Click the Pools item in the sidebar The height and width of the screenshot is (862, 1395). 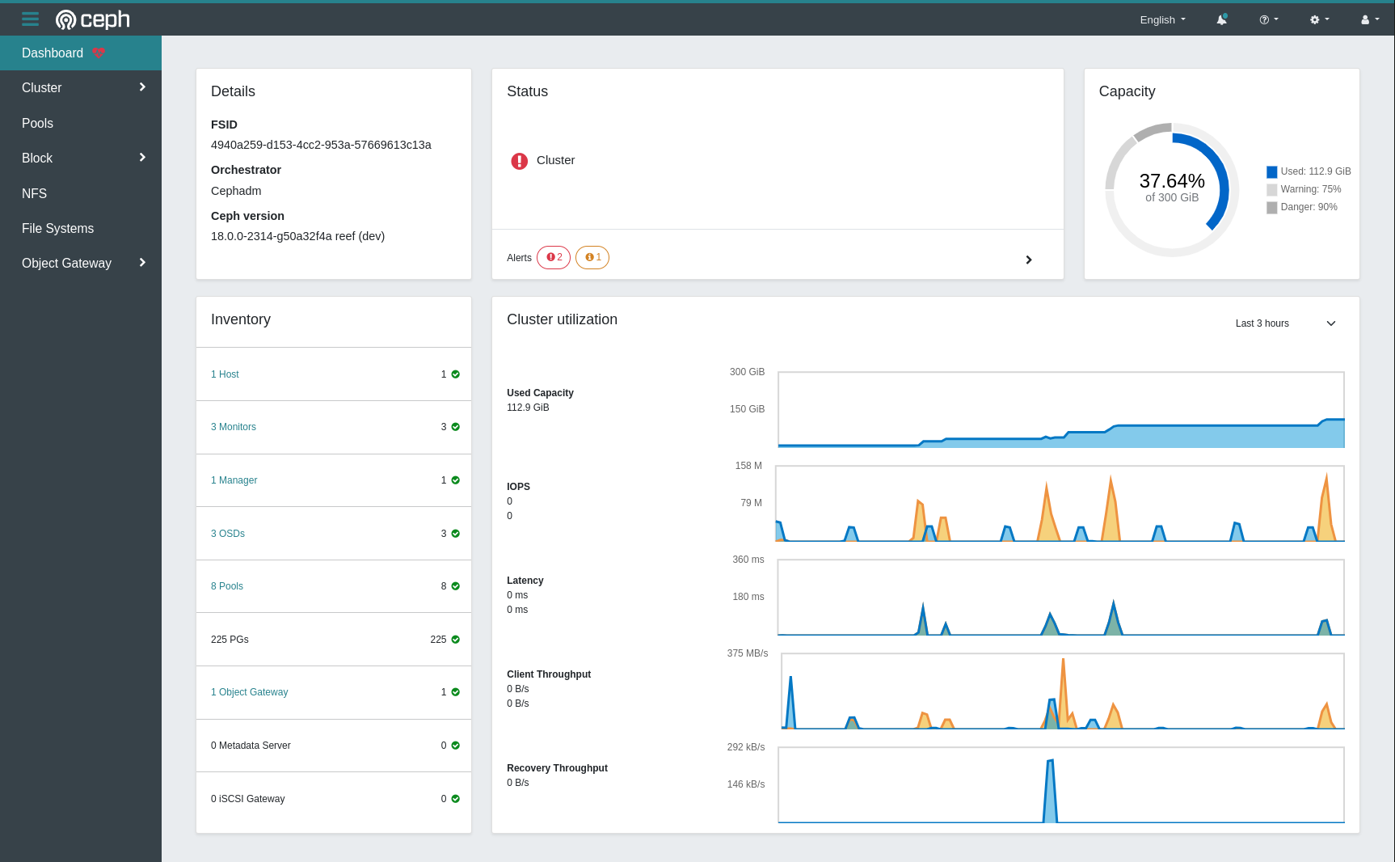(37, 123)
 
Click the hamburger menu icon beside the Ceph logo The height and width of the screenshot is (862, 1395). (30, 19)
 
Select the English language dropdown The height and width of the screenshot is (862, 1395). (1162, 19)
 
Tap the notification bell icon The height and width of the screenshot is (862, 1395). (1221, 19)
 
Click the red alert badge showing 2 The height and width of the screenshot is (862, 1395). (554, 257)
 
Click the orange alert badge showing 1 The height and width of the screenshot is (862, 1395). (592, 257)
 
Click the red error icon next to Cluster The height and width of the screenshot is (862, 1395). (519, 161)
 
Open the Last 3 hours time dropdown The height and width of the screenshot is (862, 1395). (1285, 323)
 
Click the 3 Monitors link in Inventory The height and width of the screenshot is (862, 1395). (234, 427)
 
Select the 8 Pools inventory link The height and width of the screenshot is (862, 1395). (227, 586)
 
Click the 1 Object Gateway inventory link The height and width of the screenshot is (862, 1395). (249, 692)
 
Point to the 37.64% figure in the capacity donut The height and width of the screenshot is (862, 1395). (1171, 181)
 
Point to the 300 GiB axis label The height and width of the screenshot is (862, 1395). (747, 372)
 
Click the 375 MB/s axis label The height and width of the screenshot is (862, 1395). (747, 653)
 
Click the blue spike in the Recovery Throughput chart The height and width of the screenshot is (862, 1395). (1050, 792)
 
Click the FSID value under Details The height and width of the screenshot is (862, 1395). (321, 145)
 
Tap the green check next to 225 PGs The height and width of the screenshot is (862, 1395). (456, 640)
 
